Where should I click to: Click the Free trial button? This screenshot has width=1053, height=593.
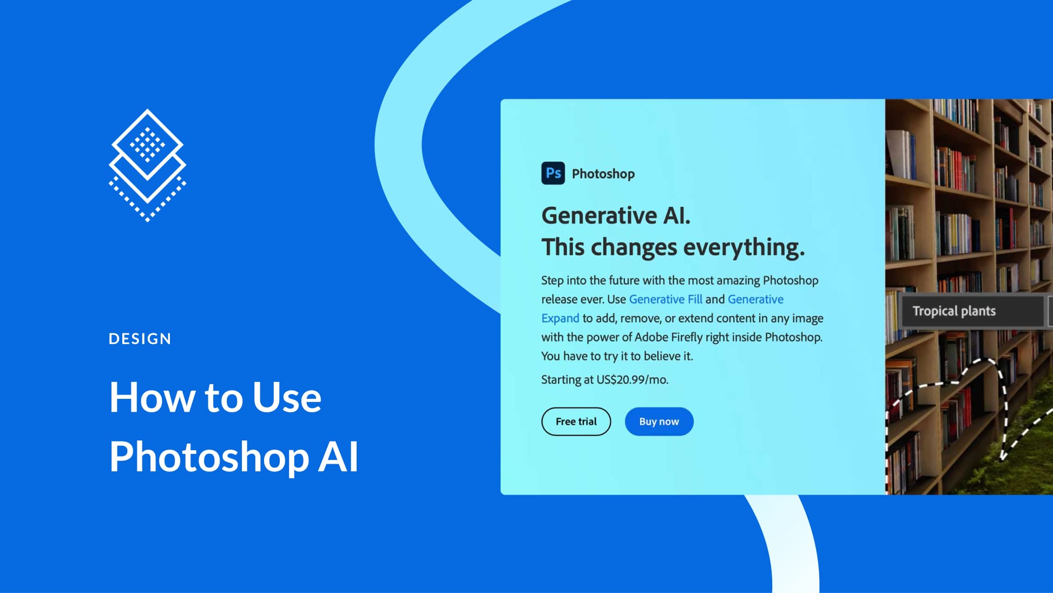pyautogui.click(x=576, y=421)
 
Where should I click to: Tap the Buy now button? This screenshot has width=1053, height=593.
pyautogui.click(x=659, y=421)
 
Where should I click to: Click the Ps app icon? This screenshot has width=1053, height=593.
pyautogui.click(x=552, y=173)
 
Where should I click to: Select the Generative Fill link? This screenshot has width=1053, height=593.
pyautogui.click(x=665, y=299)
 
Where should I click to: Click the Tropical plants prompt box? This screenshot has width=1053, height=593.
pyautogui.click(x=972, y=311)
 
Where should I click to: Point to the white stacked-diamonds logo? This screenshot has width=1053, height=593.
pyautogui.click(x=147, y=165)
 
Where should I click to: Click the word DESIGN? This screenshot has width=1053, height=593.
pyautogui.click(x=140, y=339)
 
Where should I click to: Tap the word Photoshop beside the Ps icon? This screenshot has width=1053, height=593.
pyautogui.click(x=603, y=174)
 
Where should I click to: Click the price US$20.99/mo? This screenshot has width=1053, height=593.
pyautogui.click(x=632, y=380)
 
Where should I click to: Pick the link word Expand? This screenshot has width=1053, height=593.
pyautogui.click(x=560, y=318)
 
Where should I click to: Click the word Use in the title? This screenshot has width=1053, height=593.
pyautogui.click(x=287, y=398)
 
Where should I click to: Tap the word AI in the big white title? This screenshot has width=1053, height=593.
pyautogui.click(x=338, y=457)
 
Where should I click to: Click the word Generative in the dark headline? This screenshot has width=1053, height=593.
pyautogui.click(x=599, y=216)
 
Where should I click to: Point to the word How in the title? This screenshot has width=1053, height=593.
pyautogui.click(x=152, y=398)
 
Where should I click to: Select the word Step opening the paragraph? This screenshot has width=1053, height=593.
pyautogui.click(x=552, y=280)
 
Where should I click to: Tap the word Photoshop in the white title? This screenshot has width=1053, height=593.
pyautogui.click(x=209, y=458)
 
